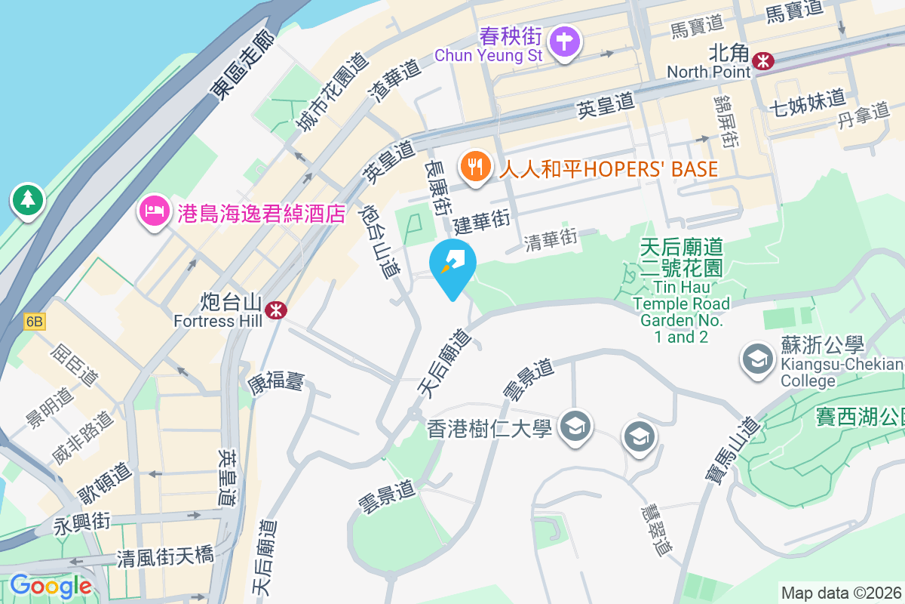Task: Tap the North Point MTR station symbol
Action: [x=764, y=60]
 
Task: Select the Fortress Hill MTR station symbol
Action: [x=275, y=308]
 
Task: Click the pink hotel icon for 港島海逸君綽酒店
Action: [x=154, y=212]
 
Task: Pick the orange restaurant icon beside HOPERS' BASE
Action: [x=475, y=167]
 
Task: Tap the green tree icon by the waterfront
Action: [x=28, y=200]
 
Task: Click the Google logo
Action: [x=51, y=586]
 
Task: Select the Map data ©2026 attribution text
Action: [x=841, y=593]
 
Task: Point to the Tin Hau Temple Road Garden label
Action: [x=681, y=291]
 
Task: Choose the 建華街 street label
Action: [x=481, y=221]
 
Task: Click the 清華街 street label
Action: [x=552, y=239]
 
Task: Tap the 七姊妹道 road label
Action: [x=807, y=100]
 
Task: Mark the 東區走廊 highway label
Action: [x=241, y=65]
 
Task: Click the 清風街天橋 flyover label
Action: [x=165, y=558]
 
